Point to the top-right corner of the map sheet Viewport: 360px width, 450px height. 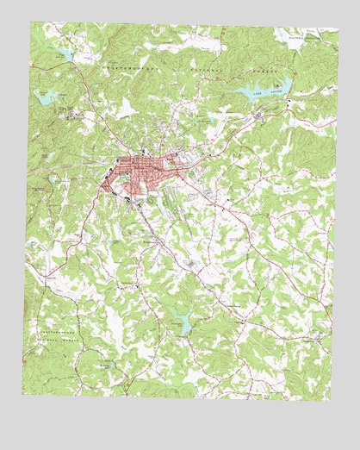(338, 26)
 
